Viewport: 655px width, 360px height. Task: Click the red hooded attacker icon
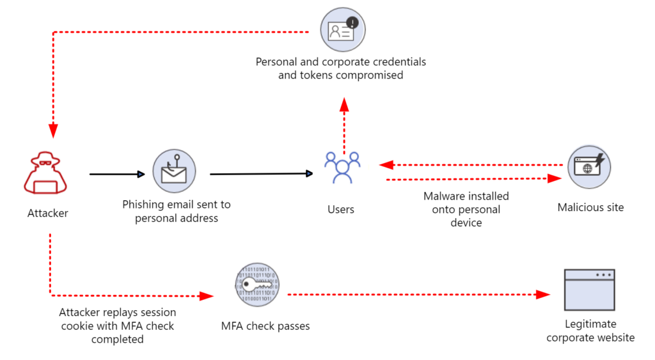(48, 173)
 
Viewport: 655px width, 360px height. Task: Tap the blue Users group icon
(342, 168)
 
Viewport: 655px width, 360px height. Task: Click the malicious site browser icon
(589, 167)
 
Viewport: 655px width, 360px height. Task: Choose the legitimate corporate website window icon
(589, 290)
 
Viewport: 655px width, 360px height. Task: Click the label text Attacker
(48, 213)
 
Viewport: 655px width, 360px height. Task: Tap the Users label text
(341, 209)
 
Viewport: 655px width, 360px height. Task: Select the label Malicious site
(590, 207)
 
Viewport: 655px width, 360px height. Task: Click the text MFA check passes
(265, 326)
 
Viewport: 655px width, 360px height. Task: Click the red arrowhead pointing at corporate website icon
(542, 294)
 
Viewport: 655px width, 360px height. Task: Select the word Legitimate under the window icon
(590, 324)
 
